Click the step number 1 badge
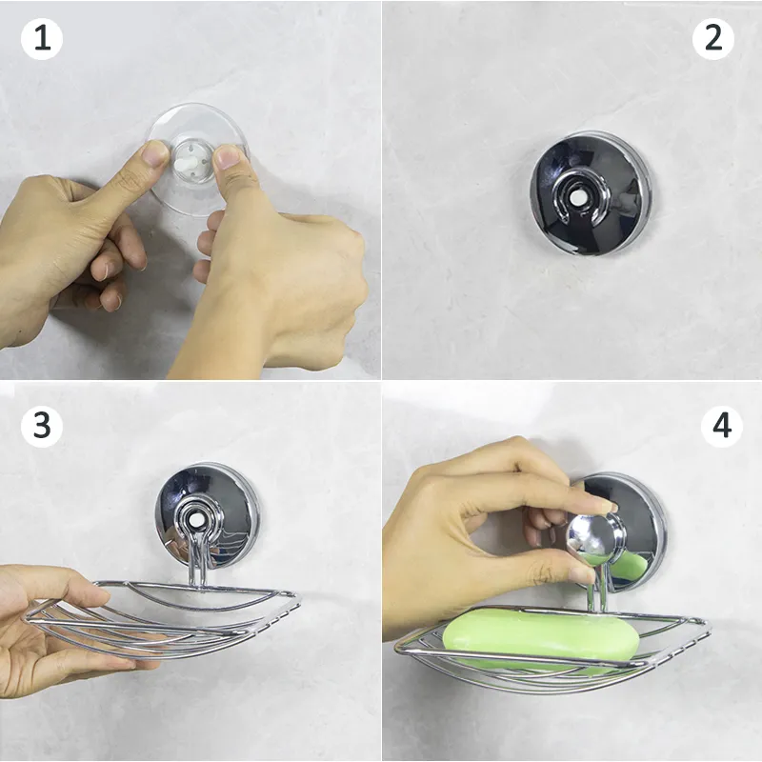[42, 39]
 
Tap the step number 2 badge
[713, 39]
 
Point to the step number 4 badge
[722, 426]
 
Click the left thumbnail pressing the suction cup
[156, 152]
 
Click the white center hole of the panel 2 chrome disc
[578, 197]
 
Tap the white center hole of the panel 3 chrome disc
[197, 520]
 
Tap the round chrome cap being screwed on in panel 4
[593, 538]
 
